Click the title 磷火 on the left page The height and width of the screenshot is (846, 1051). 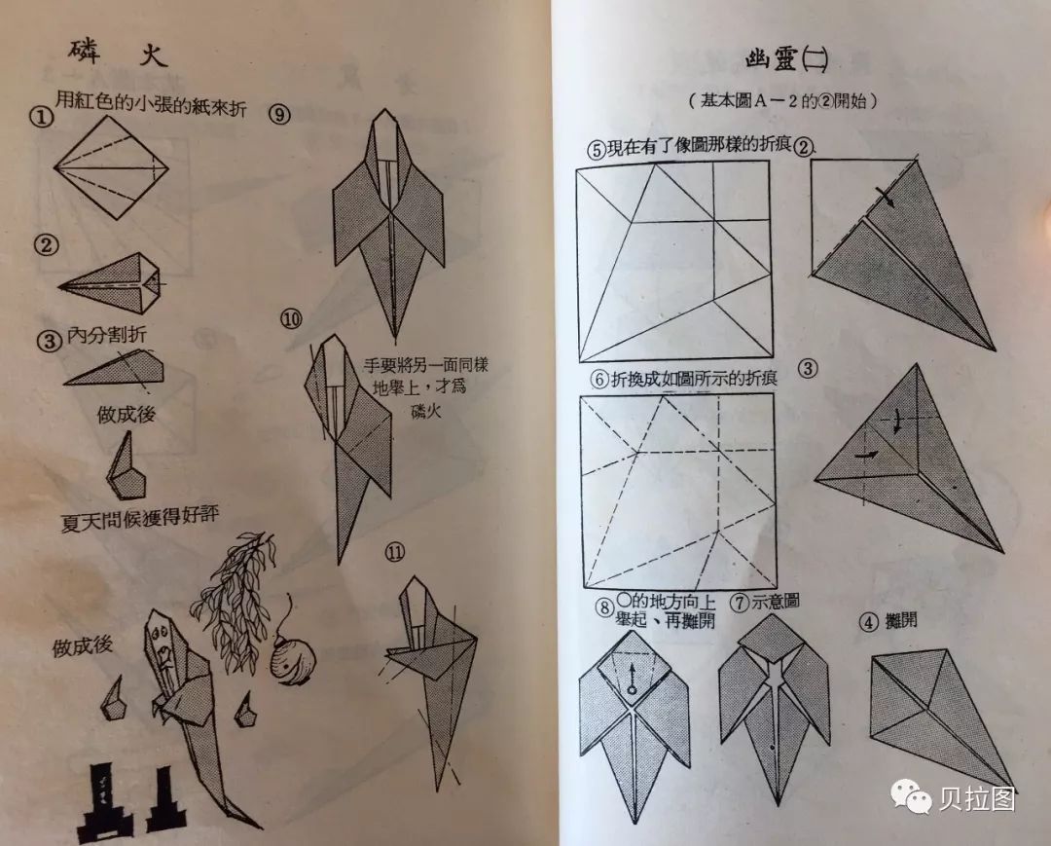tap(118, 53)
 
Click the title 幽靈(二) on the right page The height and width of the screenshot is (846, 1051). tap(786, 59)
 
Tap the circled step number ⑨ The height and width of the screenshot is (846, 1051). tap(279, 115)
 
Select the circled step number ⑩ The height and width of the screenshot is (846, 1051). tap(292, 319)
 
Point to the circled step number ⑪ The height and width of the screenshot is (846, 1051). tap(395, 552)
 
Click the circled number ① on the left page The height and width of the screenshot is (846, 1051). tap(42, 118)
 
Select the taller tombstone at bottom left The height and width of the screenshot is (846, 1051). tap(104, 802)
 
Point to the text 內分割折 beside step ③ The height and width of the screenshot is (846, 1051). tap(107, 335)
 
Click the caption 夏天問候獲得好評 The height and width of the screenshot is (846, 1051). tap(139, 519)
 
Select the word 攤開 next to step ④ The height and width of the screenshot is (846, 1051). tap(901, 621)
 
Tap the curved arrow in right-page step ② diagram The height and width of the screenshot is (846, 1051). tap(886, 195)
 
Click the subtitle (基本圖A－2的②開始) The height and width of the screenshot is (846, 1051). tap(782, 100)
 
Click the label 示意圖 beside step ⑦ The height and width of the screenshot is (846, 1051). tap(776, 601)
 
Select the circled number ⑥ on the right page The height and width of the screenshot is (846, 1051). tap(599, 380)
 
